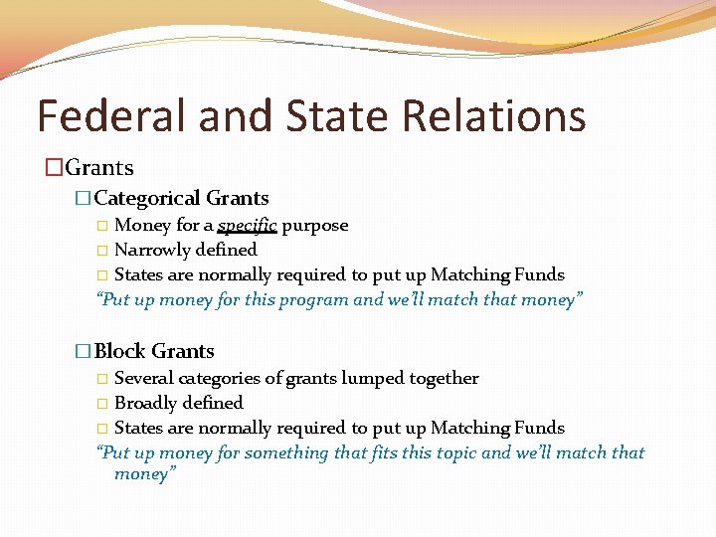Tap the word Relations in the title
tap(493, 115)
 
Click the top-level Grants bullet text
tap(98, 168)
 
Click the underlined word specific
tap(247, 226)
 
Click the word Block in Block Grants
tap(120, 351)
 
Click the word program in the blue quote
tap(316, 299)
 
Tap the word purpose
tap(315, 226)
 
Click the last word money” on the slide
tap(145, 474)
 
